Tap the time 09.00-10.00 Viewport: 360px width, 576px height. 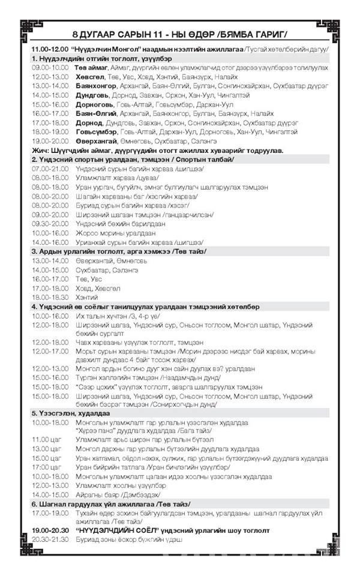pos(50,68)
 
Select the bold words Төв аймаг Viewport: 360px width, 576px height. pos(91,68)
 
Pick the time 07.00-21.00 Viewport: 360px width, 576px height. pos(50,169)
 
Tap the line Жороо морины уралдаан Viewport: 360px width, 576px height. pos(115,233)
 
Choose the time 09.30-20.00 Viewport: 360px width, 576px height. pos(50,224)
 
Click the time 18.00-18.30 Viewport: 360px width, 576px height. pos(50,297)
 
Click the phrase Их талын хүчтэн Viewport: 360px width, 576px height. pos(102,315)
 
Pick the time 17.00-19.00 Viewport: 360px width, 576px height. pos(50,512)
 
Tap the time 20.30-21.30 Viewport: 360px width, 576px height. pos(50,539)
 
